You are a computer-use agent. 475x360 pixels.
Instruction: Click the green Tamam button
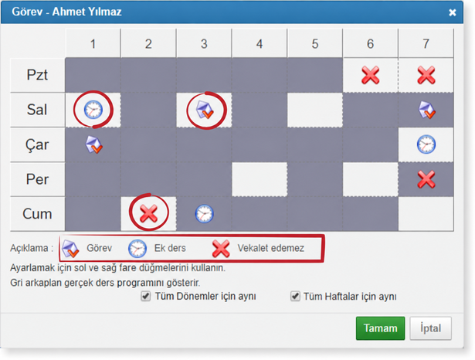tap(380, 328)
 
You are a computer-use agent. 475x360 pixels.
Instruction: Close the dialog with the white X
tap(453, 12)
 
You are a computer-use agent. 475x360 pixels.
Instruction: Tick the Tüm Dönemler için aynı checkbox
tap(146, 296)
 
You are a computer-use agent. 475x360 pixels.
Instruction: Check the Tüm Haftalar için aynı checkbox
tap(295, 296)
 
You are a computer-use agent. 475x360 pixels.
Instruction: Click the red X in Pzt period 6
tap(370, 75)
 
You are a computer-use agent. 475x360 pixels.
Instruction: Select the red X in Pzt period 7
tap(426, 75)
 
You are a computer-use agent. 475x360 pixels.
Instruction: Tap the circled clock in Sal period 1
tap(93, 110)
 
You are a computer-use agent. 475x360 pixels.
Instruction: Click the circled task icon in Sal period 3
tap(205, 110)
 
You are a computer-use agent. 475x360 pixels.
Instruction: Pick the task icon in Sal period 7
tap(426, 110)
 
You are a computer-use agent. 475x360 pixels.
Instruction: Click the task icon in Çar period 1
tap(93, 144)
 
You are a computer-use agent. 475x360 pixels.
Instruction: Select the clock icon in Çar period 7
tap(426, 144)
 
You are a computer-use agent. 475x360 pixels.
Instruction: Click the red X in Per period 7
tap(426, 179)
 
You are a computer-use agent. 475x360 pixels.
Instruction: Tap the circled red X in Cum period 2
tap(148, 213)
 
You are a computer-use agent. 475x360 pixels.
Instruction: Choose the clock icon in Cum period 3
tap(204, 214)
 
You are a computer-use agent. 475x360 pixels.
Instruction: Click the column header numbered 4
tap(260, 43)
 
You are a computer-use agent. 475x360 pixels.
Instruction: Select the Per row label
tap(38, 179)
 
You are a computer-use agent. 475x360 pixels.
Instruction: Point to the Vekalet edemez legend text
tap(270, 248)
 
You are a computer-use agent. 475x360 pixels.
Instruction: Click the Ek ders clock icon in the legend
tap(137, 249)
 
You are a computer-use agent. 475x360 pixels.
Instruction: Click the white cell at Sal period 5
tap(315, 110)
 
